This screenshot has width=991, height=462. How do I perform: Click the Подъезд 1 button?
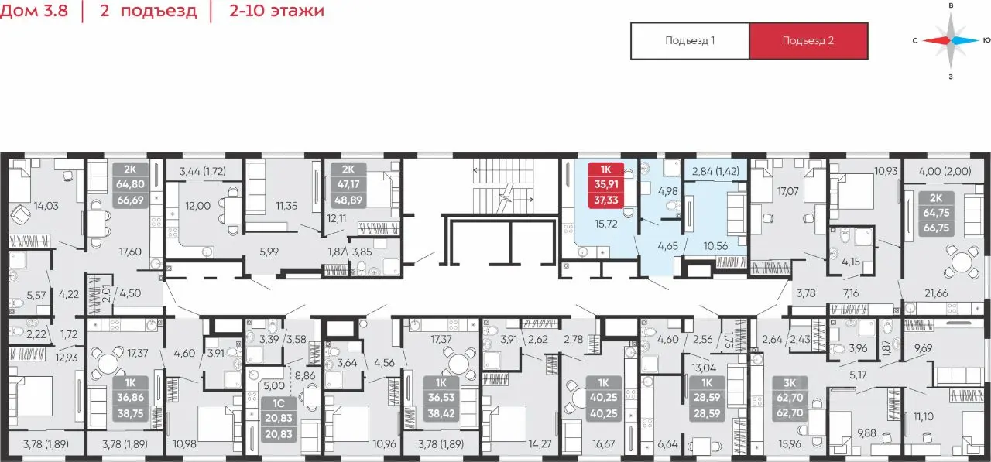pyautogui.click(x=690, y=41)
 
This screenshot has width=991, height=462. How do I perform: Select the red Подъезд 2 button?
pyautogui.click(x=808, y=41)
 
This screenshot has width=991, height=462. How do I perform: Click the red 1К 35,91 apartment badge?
pyautogui.click(x=606, y=185)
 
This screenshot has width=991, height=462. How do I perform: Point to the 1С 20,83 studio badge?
pyautogui.click(x=278, y=419)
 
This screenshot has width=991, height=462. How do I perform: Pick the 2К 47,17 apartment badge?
pyautogui.click(x=348, y=185)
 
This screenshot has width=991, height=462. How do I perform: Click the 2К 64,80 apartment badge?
pyautogui.click(x=130, y=185)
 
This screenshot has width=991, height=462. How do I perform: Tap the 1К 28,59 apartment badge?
pyautogui.click(x=707, y=398)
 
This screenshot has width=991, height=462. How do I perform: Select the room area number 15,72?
pyautogui.click(x=606, y=224)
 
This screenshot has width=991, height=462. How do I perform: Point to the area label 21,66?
pyautogui.click(x=936, y=293)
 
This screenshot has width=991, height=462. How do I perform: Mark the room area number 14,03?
pyautogui.click(x=46, y=206)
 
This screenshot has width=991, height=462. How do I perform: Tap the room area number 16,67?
pyautogui.click(x=603, y=444)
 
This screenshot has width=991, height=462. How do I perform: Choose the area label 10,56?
pyautogui.click(x=715, y=246)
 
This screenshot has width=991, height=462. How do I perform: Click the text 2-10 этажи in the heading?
pyautogui.click(x=277, y=10)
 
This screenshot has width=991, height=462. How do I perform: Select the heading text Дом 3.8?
pyautogui.click(x=34, y=10)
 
